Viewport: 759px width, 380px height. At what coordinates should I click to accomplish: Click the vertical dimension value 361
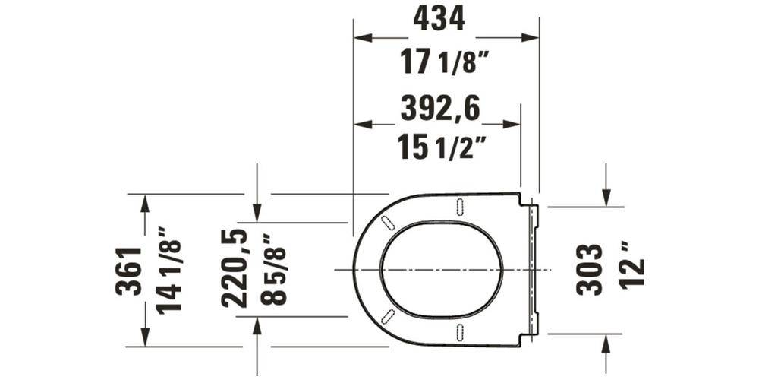click(131, 271)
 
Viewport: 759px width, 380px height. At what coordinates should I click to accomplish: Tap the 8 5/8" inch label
click(272, 269)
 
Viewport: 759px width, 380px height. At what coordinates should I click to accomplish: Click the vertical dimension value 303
click(590, 270)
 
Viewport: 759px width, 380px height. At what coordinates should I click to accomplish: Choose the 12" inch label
click(631, 264)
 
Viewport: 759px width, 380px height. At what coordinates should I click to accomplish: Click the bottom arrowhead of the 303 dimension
click(606, 340)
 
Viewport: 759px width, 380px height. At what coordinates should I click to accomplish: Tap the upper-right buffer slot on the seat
click(460, 206)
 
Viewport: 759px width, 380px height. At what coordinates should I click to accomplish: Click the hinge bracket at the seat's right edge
click(534, 270)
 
